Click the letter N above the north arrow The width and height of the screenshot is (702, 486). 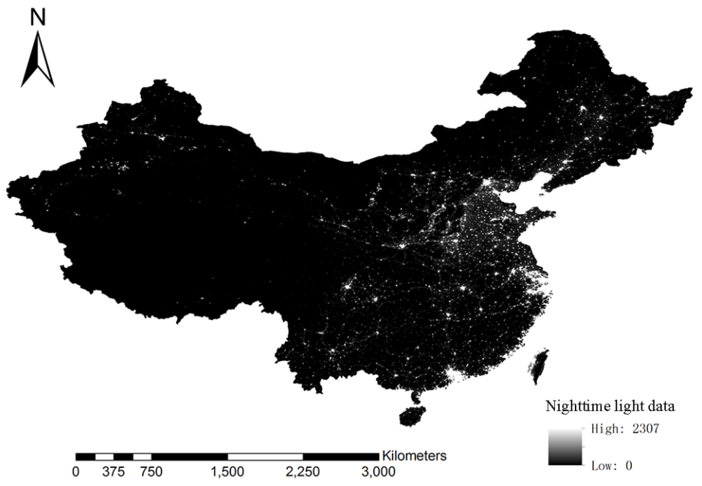[38, 17]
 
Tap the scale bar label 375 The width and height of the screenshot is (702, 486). [113, 472]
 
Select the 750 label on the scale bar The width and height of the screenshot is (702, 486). [151, 472]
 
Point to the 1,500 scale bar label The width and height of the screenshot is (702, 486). [227, 472]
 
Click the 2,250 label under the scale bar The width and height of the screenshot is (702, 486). [303, 472]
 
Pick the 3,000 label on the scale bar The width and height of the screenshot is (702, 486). [378, 472]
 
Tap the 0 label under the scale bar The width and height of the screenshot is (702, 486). [76, 472]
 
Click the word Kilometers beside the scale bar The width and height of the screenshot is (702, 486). [414, 456]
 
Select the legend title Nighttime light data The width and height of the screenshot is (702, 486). [610, 407]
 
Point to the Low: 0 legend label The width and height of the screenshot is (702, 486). [611, 466]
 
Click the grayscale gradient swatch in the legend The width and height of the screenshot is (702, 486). [565, 446]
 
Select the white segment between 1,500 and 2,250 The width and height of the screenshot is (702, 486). [265, 456]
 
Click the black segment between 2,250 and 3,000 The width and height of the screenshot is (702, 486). [341, 456]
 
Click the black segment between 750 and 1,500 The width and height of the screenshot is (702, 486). [189, 456]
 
